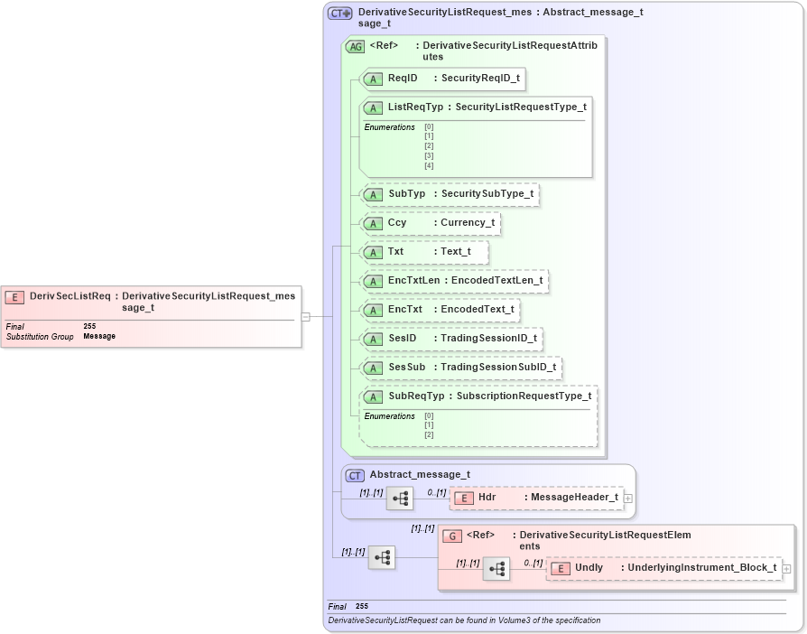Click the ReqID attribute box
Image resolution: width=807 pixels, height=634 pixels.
(442, 79)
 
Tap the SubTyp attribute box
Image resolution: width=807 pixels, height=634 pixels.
(449, 194)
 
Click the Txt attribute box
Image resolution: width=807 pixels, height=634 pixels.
(424, 252)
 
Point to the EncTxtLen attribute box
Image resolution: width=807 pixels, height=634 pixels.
(454, 281)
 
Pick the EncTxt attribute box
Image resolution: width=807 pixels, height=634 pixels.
(440, 310)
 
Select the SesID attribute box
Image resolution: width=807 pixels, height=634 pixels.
(450, 339)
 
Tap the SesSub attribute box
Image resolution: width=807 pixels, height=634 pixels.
(460, 368)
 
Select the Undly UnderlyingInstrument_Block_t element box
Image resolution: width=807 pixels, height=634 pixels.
(663, 568)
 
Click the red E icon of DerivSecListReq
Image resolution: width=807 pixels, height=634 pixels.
(15, 297)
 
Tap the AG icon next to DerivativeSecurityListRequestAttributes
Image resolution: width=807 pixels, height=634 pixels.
(356, 46)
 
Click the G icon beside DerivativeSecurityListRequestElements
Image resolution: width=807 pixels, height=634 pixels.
(452, 536)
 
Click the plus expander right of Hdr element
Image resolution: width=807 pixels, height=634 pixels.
(628, 498)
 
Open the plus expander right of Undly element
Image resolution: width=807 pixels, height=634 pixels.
(787, 568)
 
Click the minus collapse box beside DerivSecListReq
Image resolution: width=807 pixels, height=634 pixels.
(306, 317)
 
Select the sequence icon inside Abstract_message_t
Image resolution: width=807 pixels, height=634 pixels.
(400, 498)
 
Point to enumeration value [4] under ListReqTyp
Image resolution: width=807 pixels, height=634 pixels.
(429, 166)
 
